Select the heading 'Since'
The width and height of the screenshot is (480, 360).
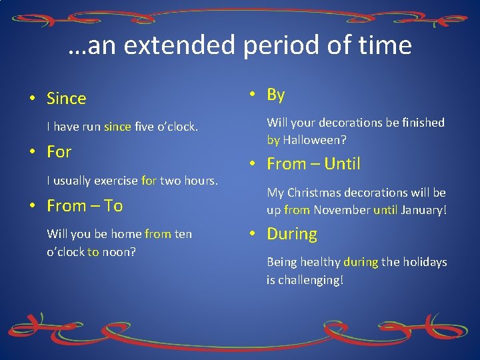click(x=67, y=99)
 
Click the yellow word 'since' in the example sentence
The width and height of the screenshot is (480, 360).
click(x=117, y=127)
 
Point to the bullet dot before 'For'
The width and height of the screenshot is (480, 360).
click(x=33, y=152)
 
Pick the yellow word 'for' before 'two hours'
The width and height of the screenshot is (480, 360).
click(x=149, y=181)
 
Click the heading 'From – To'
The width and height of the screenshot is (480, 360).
click(x=85, y=206)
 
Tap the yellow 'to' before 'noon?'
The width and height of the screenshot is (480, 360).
click(x=93, y=252)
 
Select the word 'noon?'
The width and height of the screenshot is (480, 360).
click(x=119, y=252)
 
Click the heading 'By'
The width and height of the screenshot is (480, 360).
click(x=276, y=95)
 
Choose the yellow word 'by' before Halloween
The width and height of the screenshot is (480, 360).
click(x=273, y=141)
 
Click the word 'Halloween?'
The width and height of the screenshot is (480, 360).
click(x=315, y=141)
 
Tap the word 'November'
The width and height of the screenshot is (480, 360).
click(x=342, y=210)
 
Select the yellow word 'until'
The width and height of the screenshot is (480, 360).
click(x=385, y=210)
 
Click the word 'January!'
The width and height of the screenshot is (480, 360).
click(x=424, y=210)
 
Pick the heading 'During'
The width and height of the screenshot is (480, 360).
click(x=292, y=234)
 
